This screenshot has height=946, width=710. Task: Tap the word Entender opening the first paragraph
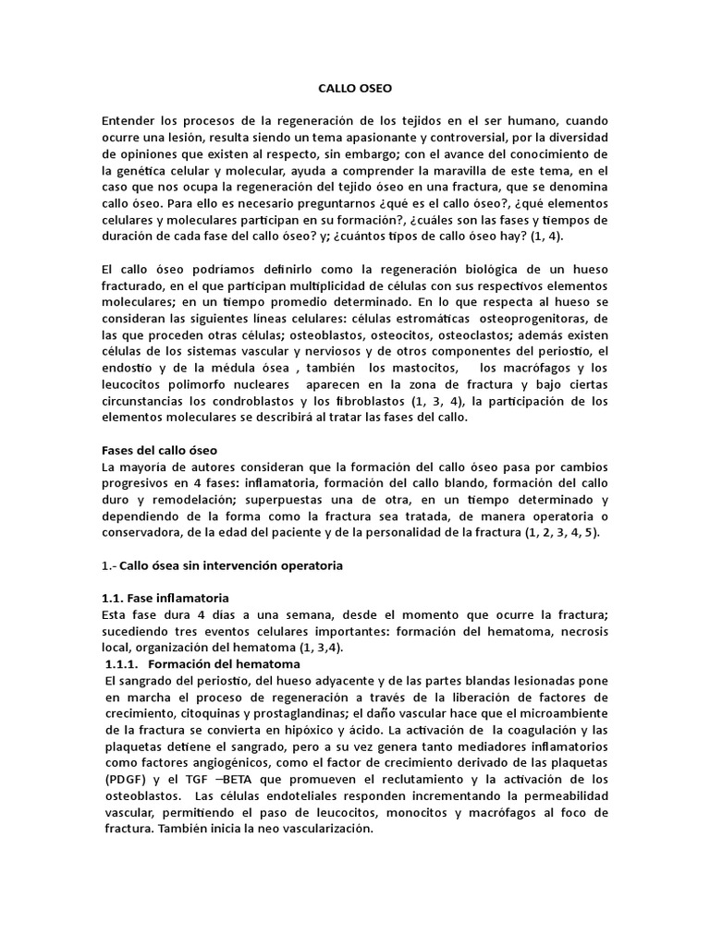click(x=131, y=121)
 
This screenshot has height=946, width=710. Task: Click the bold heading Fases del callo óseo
click(x=158, y=450)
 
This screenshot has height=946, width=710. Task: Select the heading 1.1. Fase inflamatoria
click(x=165, y=598)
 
